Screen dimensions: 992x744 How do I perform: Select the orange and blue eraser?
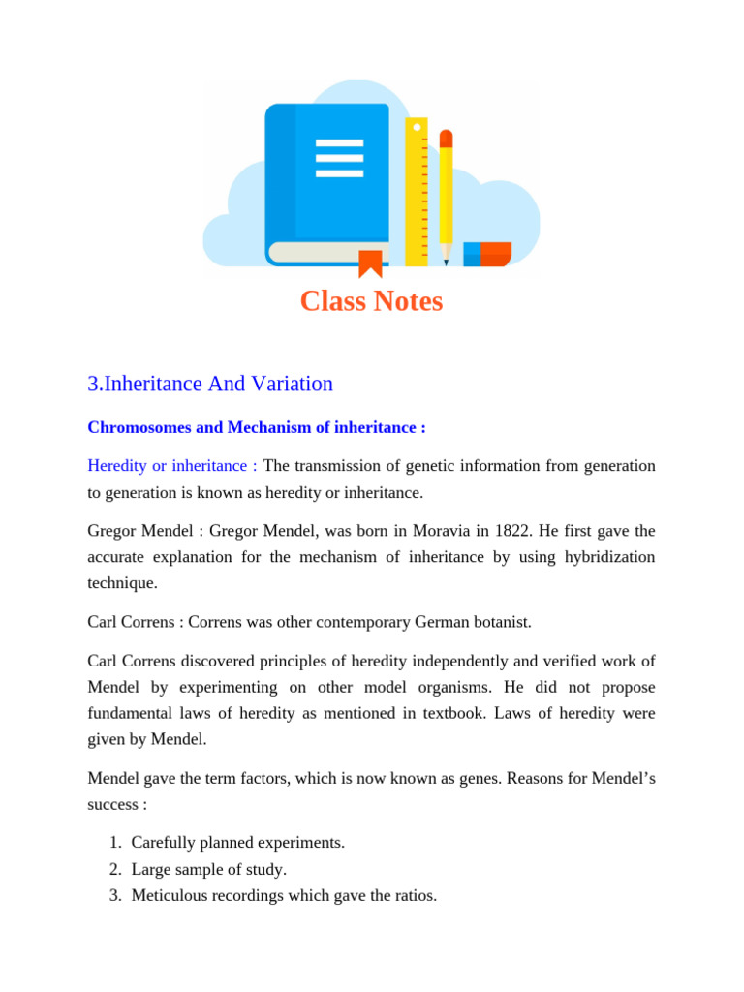pyautogui.click(x=487, y=254)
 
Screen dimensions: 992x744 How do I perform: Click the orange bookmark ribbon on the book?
pyautogui.click(x=370, y=263)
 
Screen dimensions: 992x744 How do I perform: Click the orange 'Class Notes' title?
pyautogui.click(x=371, y=301)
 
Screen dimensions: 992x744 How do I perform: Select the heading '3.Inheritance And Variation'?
pyautogui.click(x=210, y=384)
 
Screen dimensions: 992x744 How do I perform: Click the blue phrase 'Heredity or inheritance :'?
pyautogui.click(x=172, y=466)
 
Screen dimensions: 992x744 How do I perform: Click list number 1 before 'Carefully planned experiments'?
pyautogui.click(x=114, y=843)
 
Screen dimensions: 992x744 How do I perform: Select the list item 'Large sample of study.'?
pyautogui.click(x=209, y=870)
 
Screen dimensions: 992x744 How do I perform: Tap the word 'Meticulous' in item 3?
pyautogui.click(x=170, y=896)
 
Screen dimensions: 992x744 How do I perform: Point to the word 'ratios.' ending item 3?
pyautogui.click(x=416, y=896)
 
